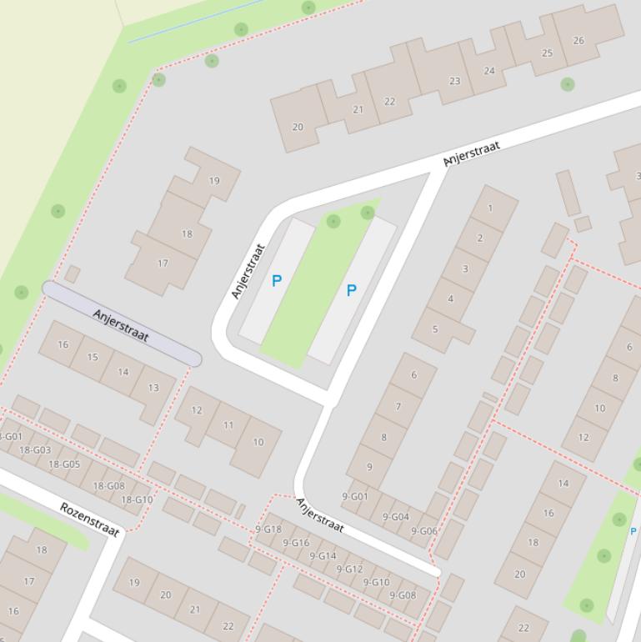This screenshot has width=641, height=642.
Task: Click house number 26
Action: pos(578,40)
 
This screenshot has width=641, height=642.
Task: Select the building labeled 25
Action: pos(547,53)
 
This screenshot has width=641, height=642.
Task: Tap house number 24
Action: pos(489,70)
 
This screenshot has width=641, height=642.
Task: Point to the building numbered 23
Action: pos(454,81)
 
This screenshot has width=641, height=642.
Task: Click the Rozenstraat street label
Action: pos(90,519)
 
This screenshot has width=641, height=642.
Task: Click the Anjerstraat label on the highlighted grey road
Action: pos(121,324)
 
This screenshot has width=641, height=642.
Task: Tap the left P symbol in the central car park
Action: pos(277,282)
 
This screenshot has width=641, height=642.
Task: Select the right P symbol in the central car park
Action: pos(351,290)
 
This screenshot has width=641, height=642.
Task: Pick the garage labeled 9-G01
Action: pos(355,496)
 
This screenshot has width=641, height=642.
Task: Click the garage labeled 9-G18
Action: pos(268,529)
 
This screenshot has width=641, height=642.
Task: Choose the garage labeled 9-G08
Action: pos(403,595)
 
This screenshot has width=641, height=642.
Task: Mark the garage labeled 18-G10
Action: pos(138,499)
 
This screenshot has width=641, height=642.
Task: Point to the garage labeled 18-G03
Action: pos(36,450)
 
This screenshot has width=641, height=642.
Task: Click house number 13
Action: pos(153,388)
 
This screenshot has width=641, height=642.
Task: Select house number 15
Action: pos(93,357)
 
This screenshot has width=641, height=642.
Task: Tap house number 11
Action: pos(228,425)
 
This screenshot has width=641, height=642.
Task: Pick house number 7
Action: pos(398,407)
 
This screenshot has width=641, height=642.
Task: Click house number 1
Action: pos(490,208)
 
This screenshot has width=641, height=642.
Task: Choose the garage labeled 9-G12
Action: pos(349,569)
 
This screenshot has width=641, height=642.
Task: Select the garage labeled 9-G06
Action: pos(423,531)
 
